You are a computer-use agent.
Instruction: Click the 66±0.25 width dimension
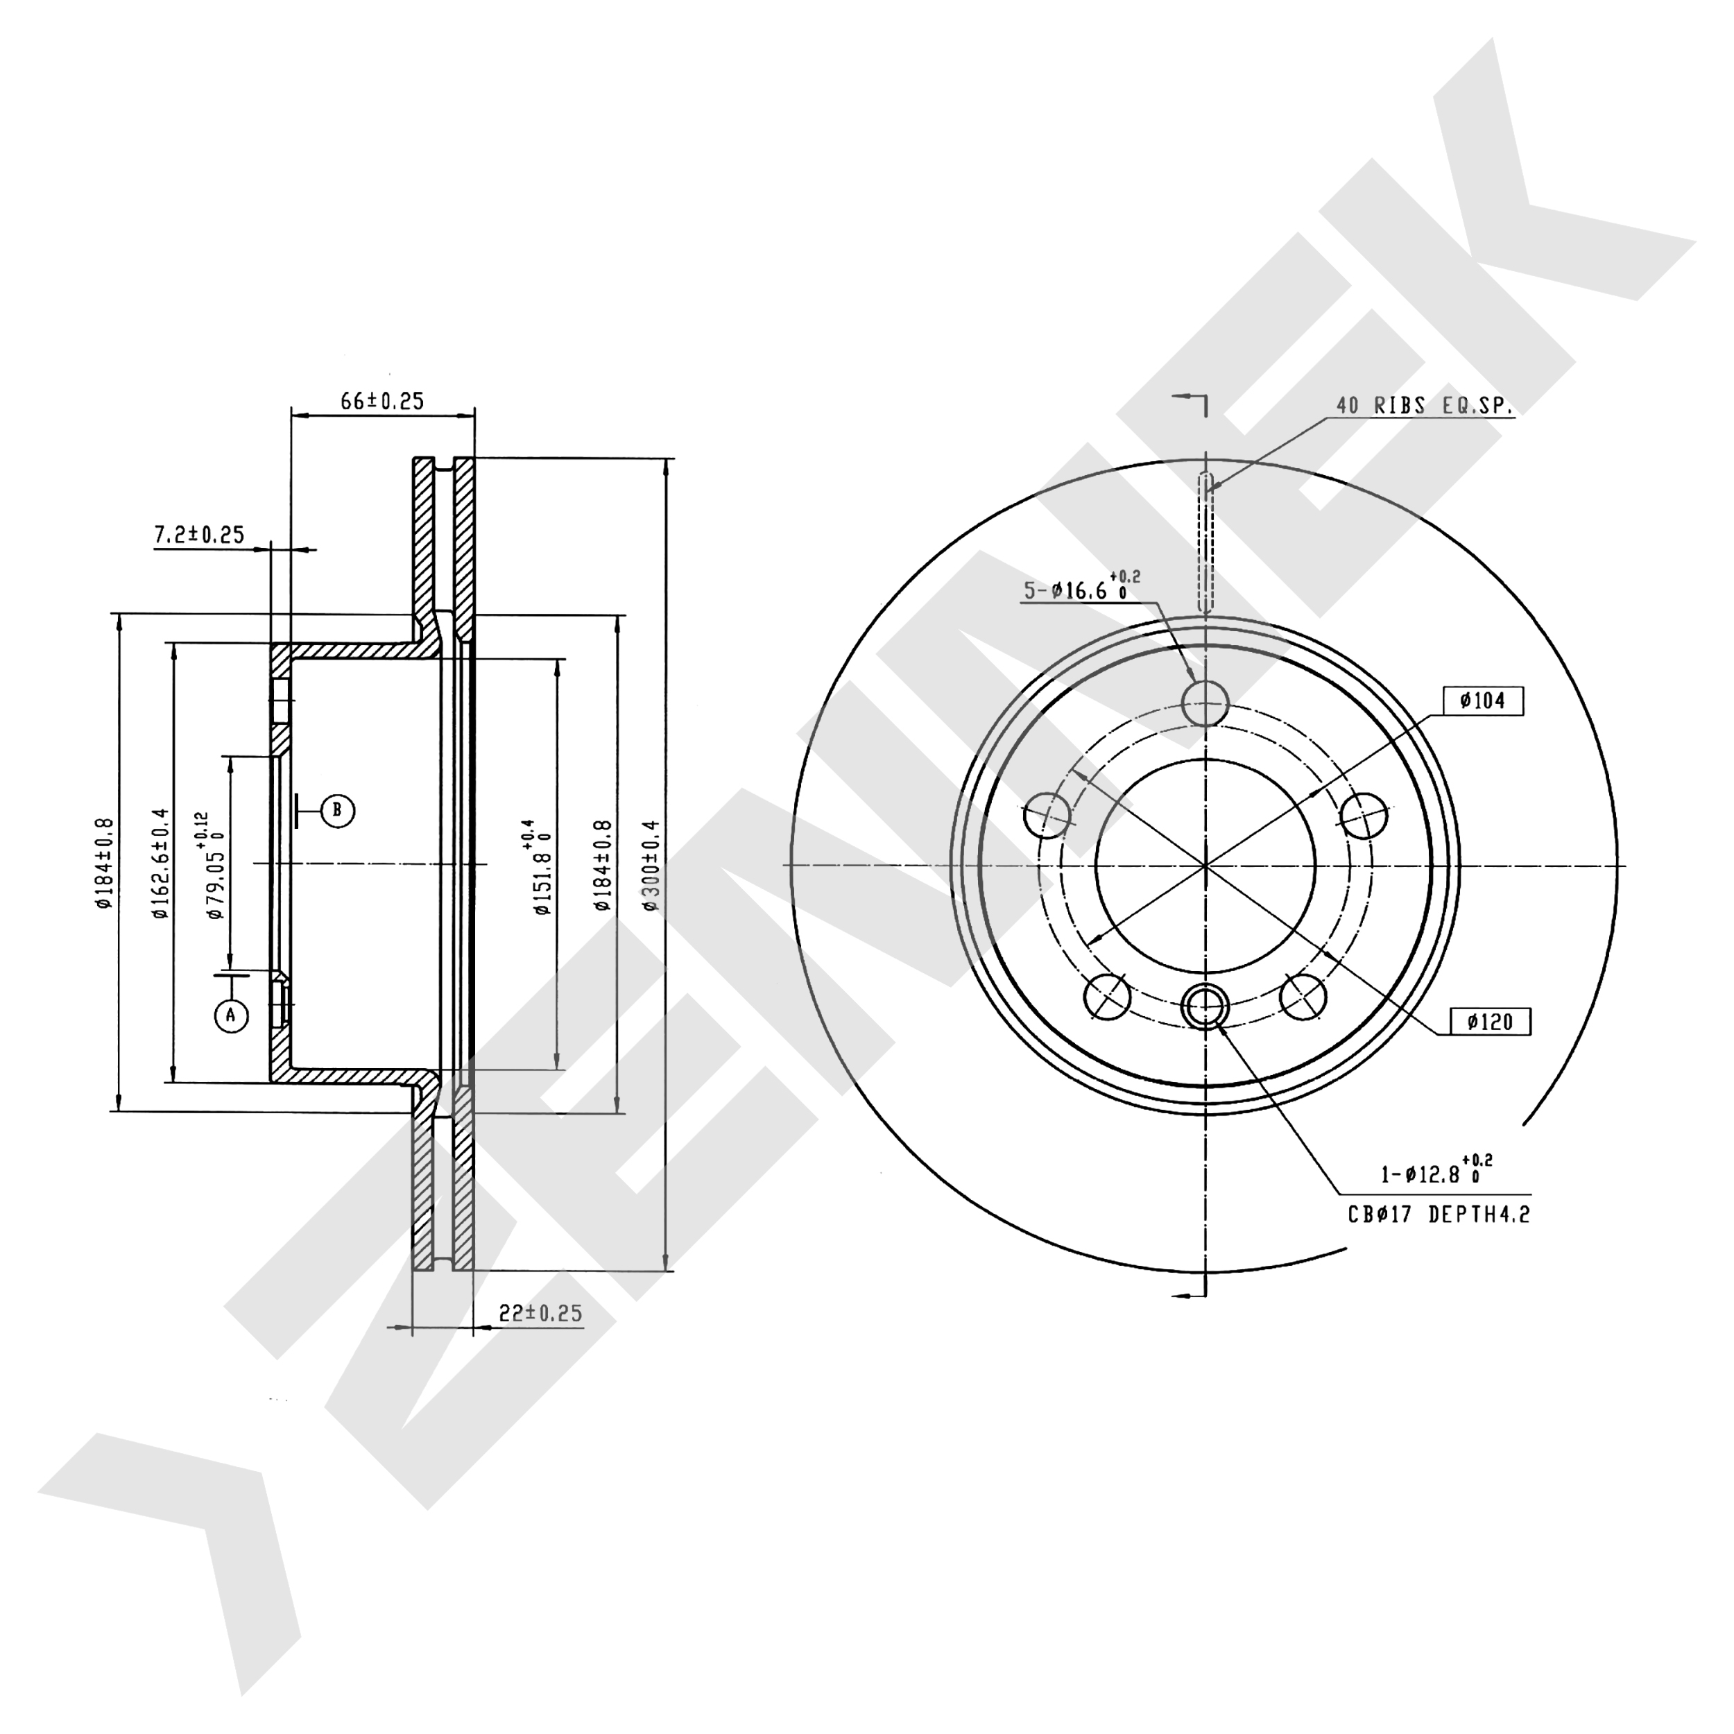click(381, 400)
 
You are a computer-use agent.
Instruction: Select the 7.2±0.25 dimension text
click(199, 535)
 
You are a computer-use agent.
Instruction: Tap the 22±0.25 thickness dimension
click(540, 1313)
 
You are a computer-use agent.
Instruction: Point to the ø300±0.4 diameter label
click(651, 865)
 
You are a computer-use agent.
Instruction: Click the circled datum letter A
click(231, 1015)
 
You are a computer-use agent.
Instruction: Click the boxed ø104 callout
click(1484, 701)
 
